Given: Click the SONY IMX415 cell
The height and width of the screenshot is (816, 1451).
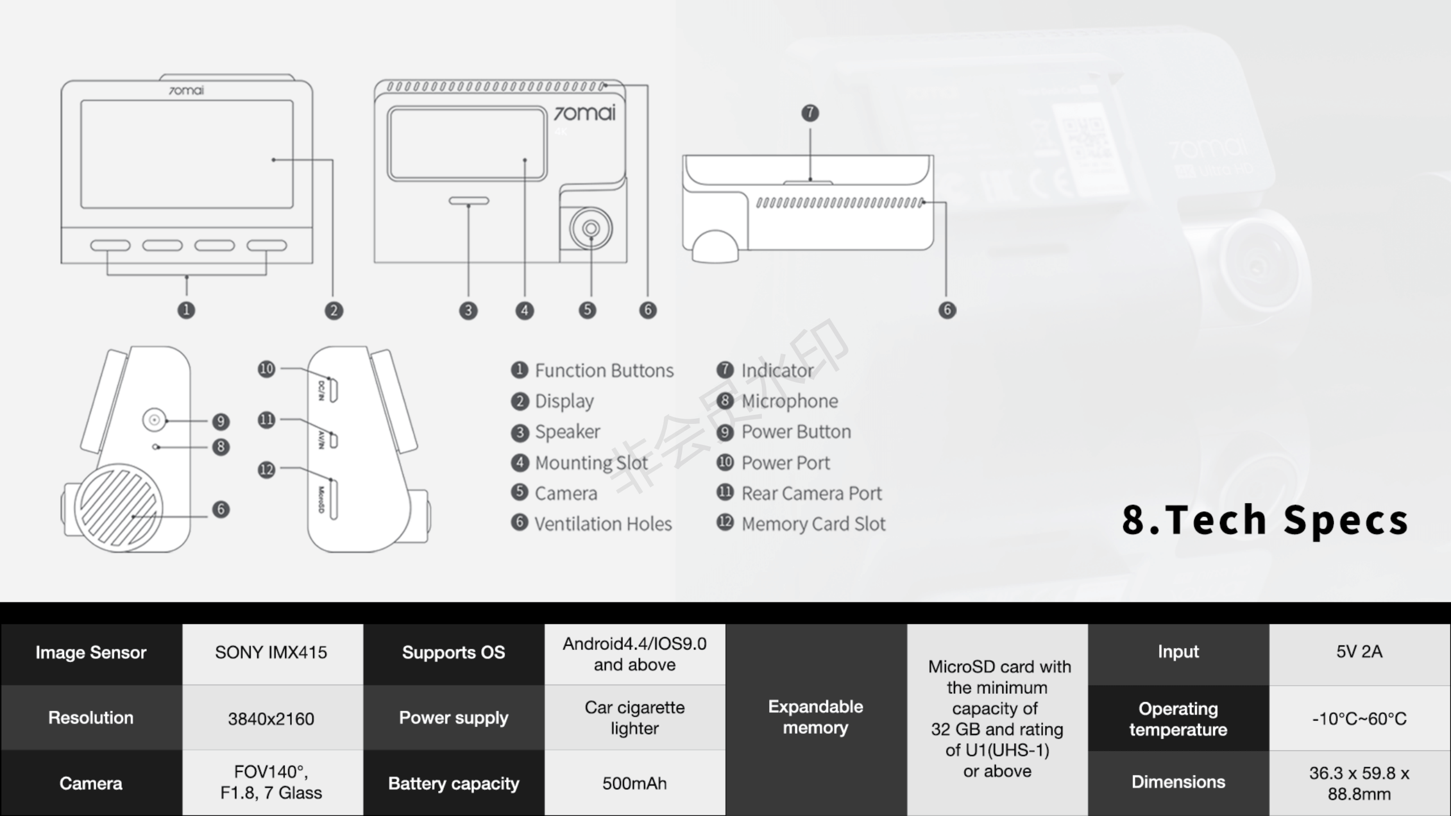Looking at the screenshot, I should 271,653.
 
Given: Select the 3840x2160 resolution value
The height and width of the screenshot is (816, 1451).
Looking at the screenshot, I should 271,719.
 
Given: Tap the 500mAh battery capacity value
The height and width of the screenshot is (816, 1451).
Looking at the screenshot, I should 634,783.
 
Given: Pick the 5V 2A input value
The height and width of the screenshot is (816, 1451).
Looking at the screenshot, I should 1359,652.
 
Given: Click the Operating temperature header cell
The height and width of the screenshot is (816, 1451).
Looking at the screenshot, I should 1178,719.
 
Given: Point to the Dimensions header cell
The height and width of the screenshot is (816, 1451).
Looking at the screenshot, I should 1178,782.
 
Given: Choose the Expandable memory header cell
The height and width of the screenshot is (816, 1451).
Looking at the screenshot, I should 816,717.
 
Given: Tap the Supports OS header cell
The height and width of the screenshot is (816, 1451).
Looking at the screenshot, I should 453,652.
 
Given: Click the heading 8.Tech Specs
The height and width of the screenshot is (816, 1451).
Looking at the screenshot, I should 1265,520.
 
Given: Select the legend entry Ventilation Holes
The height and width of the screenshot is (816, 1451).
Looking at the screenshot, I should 603,524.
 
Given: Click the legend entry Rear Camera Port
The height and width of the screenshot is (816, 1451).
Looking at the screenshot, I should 811,493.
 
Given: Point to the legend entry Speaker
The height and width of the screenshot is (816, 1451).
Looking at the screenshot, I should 567,432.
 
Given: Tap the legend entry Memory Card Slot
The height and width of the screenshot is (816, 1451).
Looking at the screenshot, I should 813,524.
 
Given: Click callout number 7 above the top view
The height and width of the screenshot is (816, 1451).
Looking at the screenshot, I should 810,113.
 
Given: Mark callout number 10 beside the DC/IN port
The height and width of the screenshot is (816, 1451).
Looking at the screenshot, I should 266,369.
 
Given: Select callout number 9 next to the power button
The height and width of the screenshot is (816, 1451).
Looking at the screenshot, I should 220,421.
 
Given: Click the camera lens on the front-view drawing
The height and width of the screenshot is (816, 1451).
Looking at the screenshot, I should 591,228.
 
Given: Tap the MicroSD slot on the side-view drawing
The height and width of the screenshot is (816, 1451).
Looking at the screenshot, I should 333,499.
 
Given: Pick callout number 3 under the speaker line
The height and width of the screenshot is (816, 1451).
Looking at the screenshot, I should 468,311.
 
